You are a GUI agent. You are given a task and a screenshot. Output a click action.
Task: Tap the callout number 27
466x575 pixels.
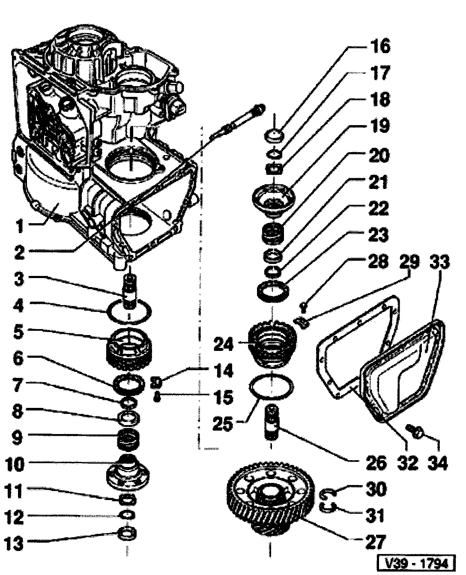click(x=375, y=541)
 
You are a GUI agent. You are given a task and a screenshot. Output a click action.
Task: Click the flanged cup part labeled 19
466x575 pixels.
click(x=273, y=197)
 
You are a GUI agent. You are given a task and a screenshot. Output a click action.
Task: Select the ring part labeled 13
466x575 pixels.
click(x=128, y=534)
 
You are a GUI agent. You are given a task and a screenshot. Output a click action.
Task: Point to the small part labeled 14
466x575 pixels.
click(x=157, y=381)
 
